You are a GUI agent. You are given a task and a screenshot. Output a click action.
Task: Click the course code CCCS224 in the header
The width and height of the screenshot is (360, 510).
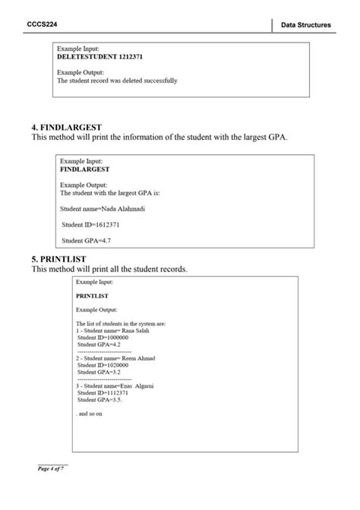tap(43, 24)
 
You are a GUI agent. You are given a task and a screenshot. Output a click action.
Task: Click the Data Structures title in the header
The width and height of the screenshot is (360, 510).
tap(305, 25)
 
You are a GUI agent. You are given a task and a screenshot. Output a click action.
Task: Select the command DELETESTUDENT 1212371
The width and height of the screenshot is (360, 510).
tap(100, 56)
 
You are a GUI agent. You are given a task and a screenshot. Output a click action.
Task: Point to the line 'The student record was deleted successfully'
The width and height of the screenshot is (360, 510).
tap(118, 80)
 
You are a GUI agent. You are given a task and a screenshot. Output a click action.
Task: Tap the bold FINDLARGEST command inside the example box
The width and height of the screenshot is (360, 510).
tap(85, 169)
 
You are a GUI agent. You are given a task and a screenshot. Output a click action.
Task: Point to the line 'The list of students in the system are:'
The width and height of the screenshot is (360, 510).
tap(122, 324)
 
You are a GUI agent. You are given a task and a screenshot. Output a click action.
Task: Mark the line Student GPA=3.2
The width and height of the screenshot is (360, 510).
tap(99, 372)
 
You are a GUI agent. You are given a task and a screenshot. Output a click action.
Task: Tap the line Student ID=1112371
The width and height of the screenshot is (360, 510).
tap(103, 393)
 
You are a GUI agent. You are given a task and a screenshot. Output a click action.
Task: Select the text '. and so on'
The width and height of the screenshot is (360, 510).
tap(90, 414)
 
